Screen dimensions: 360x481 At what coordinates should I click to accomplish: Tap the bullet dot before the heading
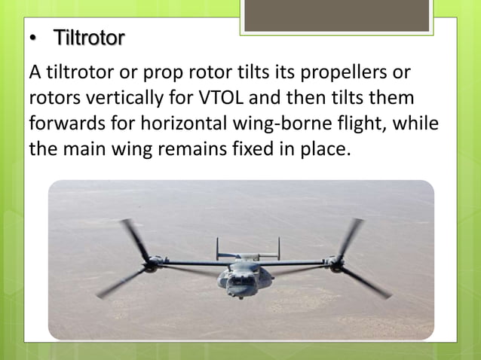tap(32, 38)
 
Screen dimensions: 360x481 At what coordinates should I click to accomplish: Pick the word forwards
tap(63, 124)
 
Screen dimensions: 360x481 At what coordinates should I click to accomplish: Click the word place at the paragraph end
tap(326, 148)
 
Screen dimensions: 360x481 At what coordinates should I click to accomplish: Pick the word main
tap(89, 148)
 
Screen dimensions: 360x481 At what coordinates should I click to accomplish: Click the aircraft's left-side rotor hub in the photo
tap(153, 264)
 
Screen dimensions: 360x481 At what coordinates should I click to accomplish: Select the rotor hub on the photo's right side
tap(335, 264)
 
